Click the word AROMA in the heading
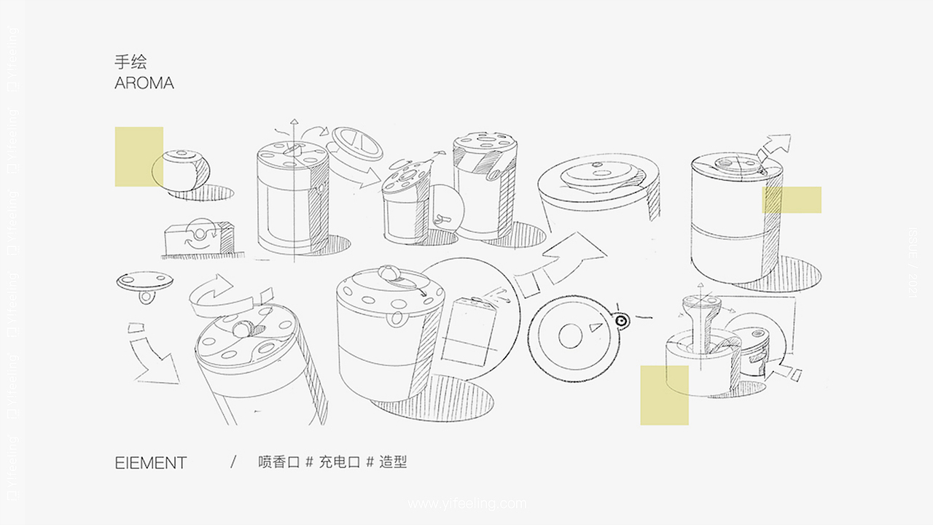[144, 83]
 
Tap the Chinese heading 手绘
[130, 62]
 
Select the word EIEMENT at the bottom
[151, 463]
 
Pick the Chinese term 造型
[393, 462]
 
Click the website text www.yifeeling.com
[466, 503]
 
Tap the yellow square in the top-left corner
[138, 156]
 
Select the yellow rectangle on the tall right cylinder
[792, 200]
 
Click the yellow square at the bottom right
[664, 395]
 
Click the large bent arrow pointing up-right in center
[561, 259]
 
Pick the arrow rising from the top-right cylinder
[774, 150]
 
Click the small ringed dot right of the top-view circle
[621, 319]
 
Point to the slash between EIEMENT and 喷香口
[233, 462]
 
